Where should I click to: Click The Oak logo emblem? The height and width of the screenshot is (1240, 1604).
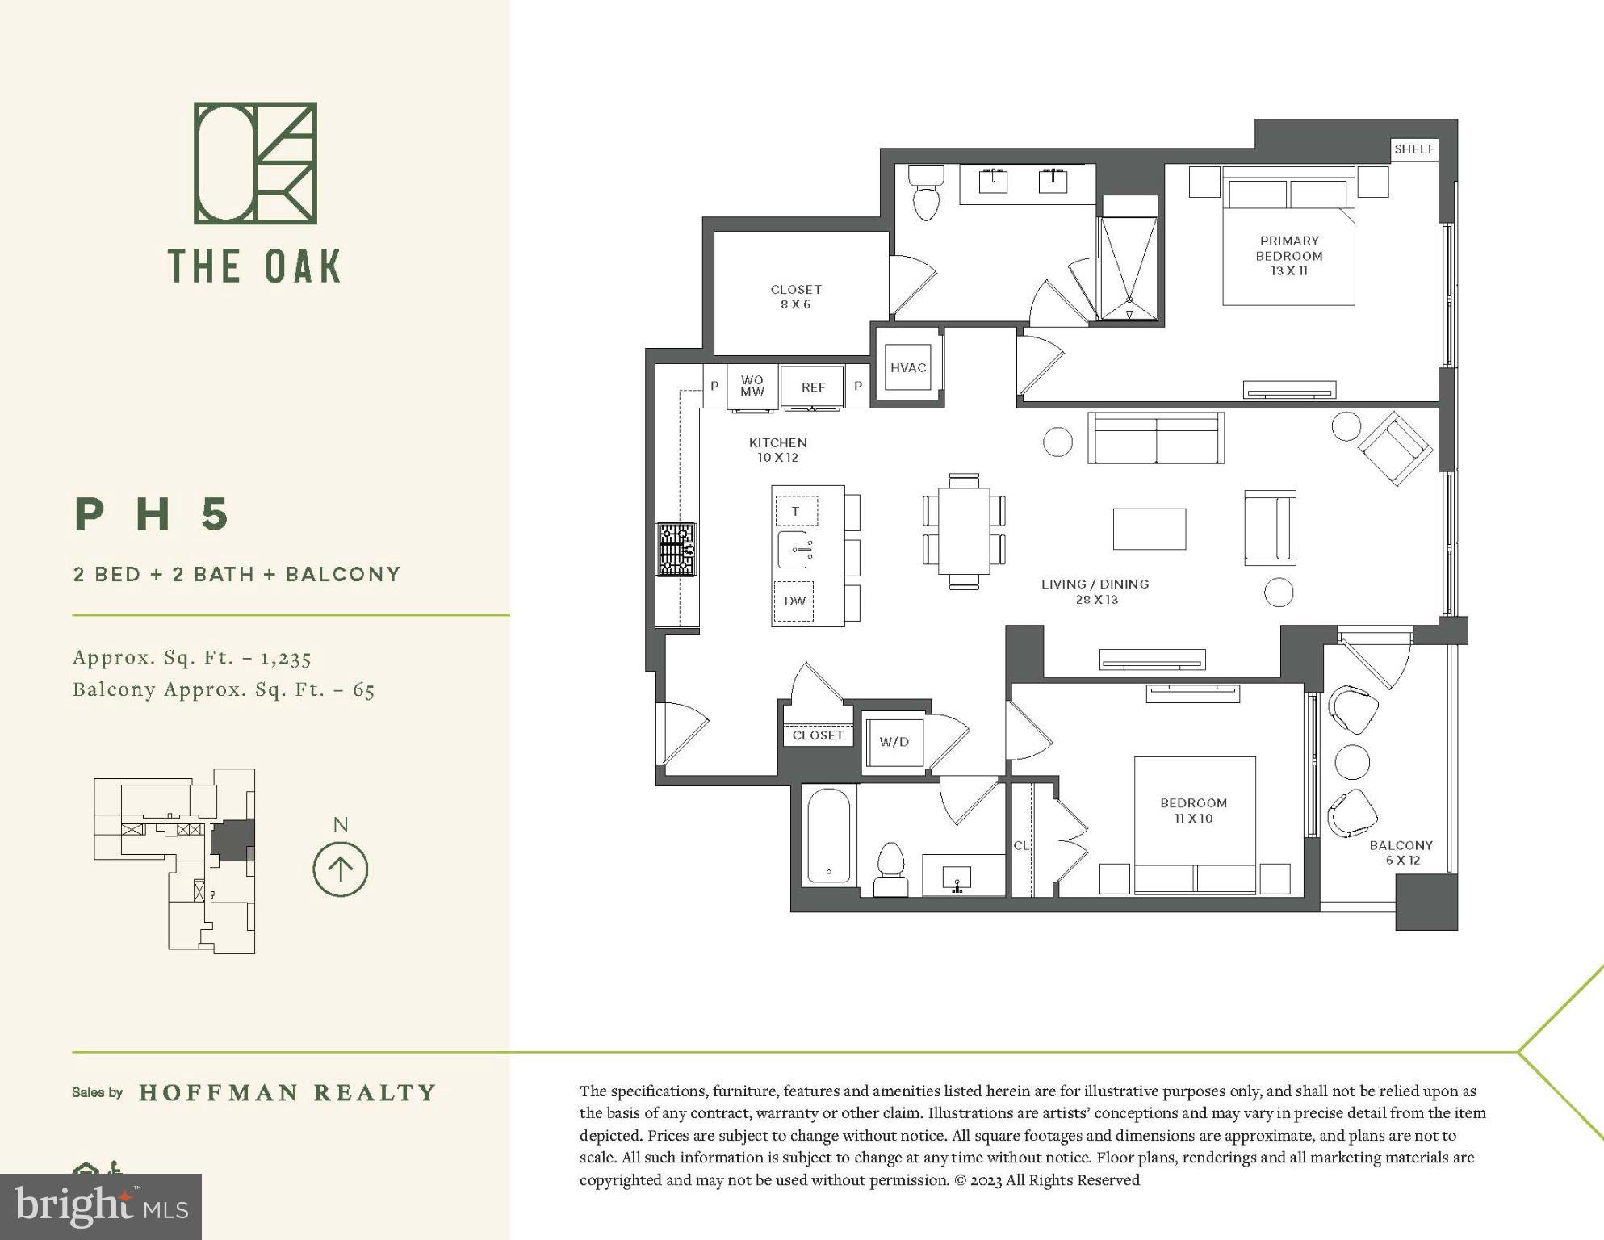255,163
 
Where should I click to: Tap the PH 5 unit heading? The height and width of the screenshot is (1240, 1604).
153,514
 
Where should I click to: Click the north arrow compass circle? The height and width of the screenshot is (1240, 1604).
341,869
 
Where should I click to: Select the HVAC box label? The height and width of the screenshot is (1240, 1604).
908,368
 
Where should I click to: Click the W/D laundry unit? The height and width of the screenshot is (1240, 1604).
894,742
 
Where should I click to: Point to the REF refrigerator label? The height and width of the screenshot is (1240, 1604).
813,387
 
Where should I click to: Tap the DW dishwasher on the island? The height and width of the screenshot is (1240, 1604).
794,601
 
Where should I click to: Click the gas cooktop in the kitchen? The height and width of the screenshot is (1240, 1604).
676,549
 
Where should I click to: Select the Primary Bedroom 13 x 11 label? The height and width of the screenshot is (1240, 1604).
1289,255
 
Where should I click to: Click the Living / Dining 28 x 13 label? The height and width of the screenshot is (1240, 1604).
1095,591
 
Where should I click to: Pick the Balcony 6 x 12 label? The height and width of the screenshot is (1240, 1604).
1401,852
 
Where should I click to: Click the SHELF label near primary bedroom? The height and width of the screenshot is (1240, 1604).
1414,149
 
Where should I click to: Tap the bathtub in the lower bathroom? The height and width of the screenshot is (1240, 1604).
829,836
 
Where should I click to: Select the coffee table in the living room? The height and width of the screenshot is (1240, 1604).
1150,529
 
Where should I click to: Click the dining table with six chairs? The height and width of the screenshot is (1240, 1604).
964,530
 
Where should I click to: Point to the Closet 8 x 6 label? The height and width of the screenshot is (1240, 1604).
796,296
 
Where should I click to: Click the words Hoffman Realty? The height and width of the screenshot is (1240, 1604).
287,1093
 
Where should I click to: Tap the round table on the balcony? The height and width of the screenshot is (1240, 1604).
1352,761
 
